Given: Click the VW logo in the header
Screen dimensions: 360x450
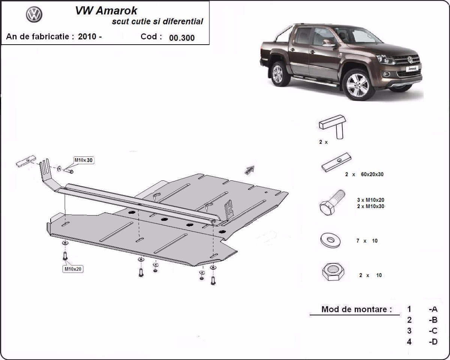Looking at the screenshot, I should click(x=34, y=15).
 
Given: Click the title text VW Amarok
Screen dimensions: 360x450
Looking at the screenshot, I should click(x=106, y=10).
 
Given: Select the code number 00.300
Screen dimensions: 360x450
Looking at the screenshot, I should click(x=182, y=37).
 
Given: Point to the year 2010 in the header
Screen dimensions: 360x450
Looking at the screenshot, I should click(x=87, y=37).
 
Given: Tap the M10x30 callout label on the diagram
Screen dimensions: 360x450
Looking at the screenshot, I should click(x=83, y=160).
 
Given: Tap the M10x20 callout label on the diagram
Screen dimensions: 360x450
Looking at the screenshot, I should click(x=73, y=269).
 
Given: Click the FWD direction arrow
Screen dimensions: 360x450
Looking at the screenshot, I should click(x=249, y=169).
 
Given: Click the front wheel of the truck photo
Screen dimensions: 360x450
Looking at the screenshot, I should click(x=358, y=85).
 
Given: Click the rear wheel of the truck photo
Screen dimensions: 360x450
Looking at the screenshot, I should click(x=278, y=73).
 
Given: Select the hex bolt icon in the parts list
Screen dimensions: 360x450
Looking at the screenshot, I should click(x=332, y=203).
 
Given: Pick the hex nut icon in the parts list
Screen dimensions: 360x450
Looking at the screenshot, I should click(x=331, y=273).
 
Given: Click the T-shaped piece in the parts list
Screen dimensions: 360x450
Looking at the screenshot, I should click(x=333, y=126).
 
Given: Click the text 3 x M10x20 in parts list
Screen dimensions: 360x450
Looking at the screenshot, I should click(x=371, y=200).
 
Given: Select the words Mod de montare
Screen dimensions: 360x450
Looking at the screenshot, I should click(x=356, y=309).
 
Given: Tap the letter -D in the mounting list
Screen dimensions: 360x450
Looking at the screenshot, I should click(x=433, y=342).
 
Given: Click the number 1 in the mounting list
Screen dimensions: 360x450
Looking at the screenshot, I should click(x=409, y=309).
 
